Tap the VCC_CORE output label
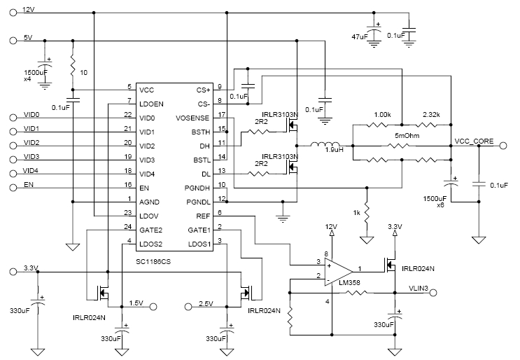point(475,141)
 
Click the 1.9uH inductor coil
point(327,146)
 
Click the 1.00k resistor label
point(383,113)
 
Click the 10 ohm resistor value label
point(85,73)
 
